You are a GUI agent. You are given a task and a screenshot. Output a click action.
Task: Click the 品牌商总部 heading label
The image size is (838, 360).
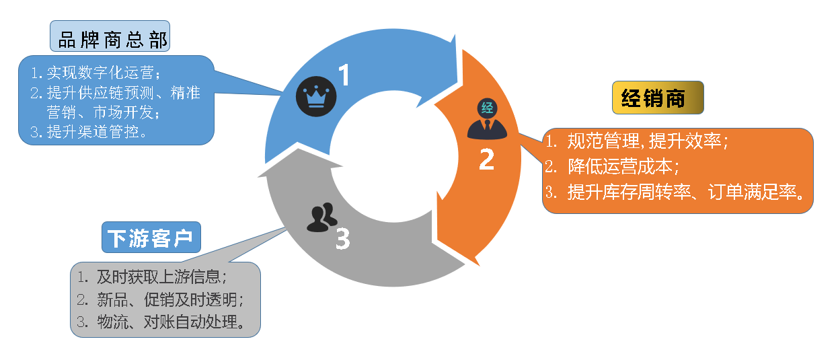(109, 38)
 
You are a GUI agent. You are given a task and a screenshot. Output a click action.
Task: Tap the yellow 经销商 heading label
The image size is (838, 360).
(657, 98)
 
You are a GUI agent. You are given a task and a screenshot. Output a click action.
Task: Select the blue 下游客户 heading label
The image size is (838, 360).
(151, 238)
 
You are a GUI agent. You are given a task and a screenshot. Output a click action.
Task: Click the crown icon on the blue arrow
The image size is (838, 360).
(312, 97)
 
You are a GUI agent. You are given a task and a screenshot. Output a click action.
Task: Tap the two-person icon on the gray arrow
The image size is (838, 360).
(321, 217)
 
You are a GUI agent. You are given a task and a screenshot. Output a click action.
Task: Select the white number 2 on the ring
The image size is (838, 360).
(486, 159)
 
